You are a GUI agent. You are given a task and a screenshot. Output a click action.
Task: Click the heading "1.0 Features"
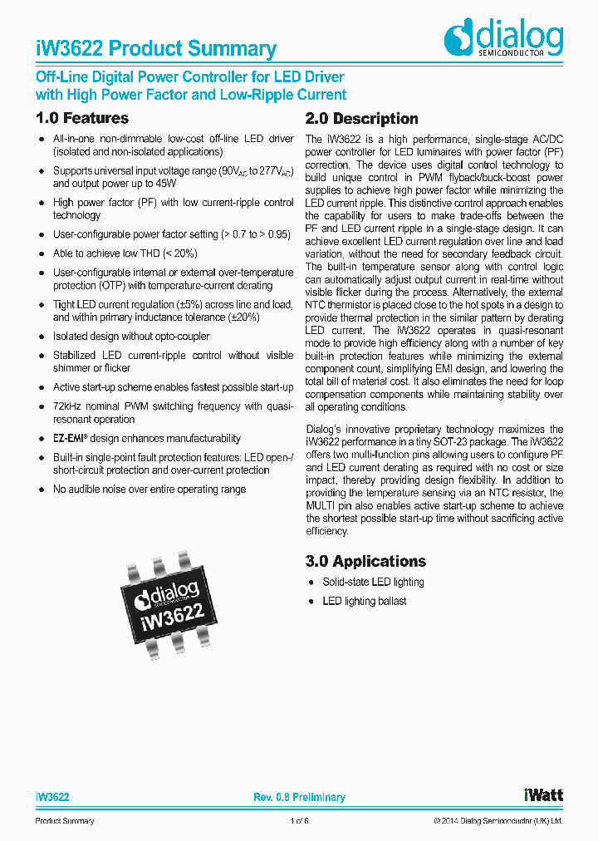[x=82, y=118]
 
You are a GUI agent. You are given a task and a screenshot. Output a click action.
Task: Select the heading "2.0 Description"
[x=361, y=118]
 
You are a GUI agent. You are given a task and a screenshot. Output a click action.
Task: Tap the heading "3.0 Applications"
[x=365, y=561]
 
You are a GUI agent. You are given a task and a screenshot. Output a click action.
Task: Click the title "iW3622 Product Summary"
[x=156, y=49]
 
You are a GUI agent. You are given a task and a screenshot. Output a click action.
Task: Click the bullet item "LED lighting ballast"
[x=364, y=601]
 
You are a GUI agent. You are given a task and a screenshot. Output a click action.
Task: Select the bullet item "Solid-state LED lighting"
[x=373, y=582]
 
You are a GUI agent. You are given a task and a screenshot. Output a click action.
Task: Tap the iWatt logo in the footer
[x=543, y=794]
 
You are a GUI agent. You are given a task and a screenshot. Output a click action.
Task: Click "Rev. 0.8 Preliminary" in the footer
[x=299, y=797]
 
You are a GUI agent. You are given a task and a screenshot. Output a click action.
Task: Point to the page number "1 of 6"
[x=299, y=821]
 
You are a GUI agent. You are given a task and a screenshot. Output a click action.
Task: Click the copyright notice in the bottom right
[x=498, y=821]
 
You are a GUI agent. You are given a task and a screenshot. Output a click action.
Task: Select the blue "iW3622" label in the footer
[x=52, y=797]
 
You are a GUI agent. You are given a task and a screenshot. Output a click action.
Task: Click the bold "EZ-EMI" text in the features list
[x=71, y=438]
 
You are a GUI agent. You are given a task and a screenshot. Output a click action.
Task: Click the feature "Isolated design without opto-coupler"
[x=131, y=337]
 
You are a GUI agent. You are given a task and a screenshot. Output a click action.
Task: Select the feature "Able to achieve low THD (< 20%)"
[x=125, y=253]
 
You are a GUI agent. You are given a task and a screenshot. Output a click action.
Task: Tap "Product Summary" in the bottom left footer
[x=65, y=821]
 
